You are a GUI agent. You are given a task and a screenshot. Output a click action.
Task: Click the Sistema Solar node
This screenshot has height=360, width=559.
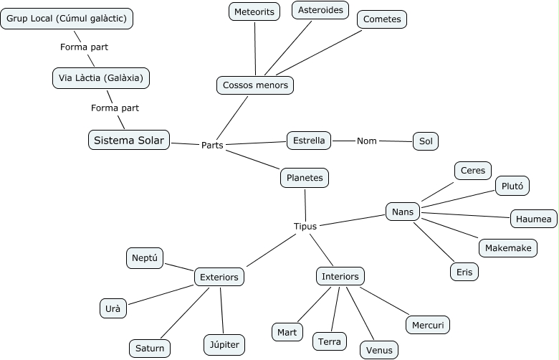click(129, 140)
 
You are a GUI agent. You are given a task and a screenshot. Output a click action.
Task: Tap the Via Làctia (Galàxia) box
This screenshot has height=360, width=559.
click(101, 77)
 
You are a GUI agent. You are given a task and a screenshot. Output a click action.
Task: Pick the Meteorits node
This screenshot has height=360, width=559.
click(255, 11)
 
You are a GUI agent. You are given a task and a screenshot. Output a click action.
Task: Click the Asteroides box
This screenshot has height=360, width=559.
click(320, 9)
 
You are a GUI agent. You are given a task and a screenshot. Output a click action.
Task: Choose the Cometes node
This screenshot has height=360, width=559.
click(382, 19)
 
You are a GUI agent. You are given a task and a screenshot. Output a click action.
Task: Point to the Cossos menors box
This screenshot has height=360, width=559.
click(255, 85)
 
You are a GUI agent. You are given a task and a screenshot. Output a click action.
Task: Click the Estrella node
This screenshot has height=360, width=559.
click(309, 140)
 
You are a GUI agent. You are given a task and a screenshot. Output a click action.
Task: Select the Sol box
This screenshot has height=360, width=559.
click(425, 141)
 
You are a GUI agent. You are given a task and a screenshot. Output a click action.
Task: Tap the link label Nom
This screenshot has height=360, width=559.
click(367, 141)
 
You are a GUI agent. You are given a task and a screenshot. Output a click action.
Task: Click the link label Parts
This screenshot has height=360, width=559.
click(212, 145)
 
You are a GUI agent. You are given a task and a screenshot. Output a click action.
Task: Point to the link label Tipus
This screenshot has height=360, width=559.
click(305, 227)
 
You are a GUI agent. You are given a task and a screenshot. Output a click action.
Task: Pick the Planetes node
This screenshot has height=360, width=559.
click(304, 177)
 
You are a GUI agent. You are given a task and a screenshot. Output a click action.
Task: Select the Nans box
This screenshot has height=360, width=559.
click(402, 212)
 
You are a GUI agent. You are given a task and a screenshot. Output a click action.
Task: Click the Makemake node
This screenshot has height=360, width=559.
click(507, 247)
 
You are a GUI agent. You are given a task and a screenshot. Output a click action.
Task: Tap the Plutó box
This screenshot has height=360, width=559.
click(512, 186)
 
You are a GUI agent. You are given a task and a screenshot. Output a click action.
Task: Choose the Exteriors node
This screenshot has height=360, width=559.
click(219, 277)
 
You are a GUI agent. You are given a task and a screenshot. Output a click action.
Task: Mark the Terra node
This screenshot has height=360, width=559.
click(330, 341)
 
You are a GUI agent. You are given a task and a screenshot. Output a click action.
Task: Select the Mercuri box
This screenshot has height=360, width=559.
click(428, 325)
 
